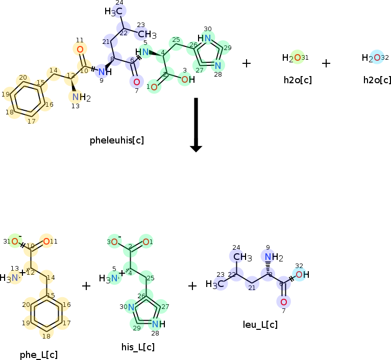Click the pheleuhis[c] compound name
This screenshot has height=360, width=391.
click(x=117, y=140)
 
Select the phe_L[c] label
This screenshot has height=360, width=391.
click(x=39, y=355)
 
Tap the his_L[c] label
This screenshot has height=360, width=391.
click(x=138, y=347)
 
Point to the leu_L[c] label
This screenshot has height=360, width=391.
click(x=260, y=324)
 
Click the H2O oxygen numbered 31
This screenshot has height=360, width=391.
click(x=297, y=58)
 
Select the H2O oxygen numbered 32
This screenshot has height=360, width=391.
click(x=377, y=58)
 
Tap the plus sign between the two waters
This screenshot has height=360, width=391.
click(x=326, y=63)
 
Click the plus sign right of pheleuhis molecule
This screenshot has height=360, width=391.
click(x=247, y=63)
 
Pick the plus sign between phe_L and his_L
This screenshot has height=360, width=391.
click(x=86, y=286)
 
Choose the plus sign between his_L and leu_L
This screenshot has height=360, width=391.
click(x=192, y=286)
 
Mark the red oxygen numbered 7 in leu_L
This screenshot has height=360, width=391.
click(x=284, y=302)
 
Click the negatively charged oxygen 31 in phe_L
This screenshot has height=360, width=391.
click(x=15, y=242)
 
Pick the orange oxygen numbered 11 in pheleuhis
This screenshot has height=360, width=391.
click(x=80, y=50)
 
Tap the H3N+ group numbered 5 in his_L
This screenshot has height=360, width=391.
click(x=111, y=278)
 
